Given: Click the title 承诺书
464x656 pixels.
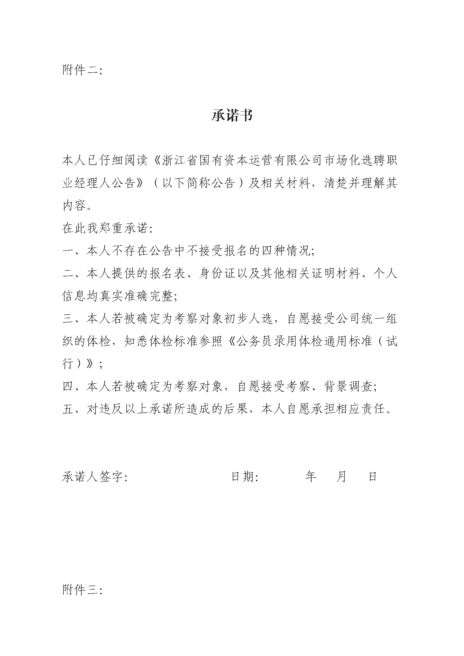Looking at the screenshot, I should point(232,116).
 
